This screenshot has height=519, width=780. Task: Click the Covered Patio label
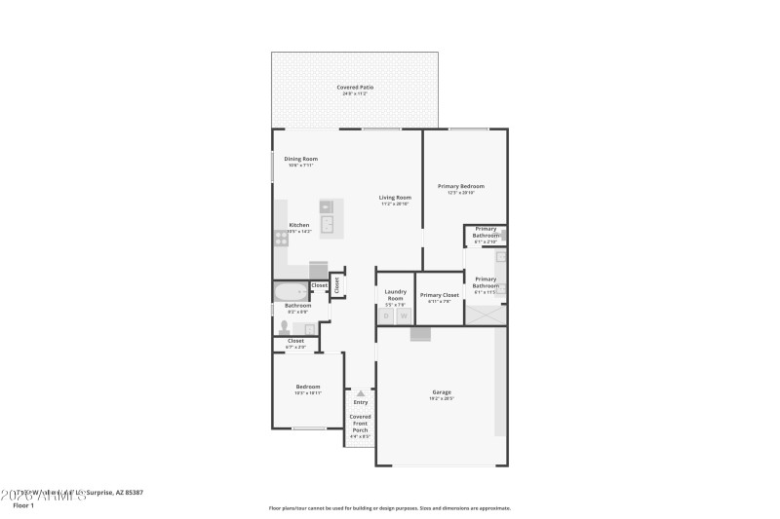355,88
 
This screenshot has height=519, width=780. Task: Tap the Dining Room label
300,160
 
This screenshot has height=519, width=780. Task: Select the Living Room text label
395,199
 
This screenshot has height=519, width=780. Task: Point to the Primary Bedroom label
460,187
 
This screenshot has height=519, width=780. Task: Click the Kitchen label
298,226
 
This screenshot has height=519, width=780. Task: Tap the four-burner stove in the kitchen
281,237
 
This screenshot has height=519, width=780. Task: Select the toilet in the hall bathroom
285,327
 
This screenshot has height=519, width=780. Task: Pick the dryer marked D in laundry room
386,315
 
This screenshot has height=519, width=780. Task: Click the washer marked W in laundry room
404,315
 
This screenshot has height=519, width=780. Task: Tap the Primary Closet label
439,295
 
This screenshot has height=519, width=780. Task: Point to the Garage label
441,393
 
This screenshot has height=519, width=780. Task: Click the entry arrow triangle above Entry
361,392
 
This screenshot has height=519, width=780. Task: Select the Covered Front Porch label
361,423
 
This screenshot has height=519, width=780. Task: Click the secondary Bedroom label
307,388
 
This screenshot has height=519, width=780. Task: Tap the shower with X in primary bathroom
486,315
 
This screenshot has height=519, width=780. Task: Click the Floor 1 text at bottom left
23,505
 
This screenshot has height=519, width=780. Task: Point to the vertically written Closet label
337,284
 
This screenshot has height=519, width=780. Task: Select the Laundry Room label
395,293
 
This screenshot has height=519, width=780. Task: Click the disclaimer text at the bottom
389,507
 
